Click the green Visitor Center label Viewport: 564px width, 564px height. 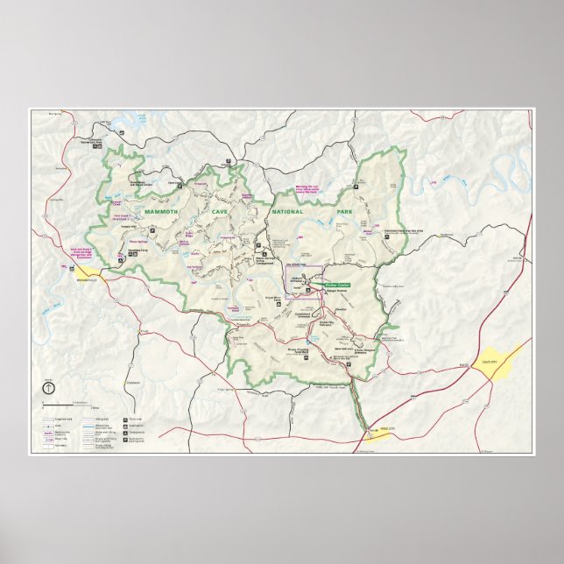click(338, 285)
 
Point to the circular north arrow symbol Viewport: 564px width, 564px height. click(47, 388)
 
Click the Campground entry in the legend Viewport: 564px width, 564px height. click(142, 432)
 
